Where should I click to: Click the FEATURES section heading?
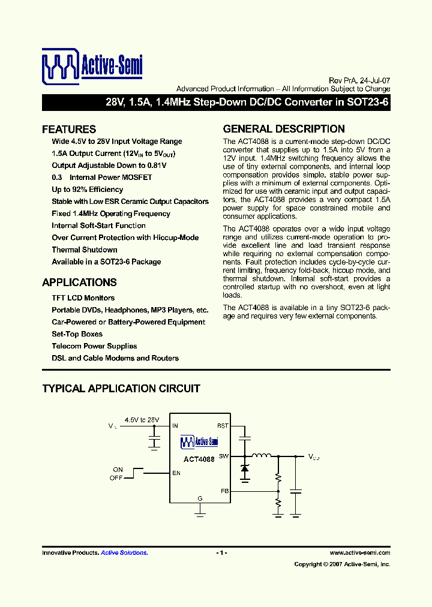click(x=69, y=129)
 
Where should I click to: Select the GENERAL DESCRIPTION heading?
click(x=284, y=129)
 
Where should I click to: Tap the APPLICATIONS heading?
click(x=79, y=283)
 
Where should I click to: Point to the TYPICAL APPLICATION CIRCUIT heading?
click(x=121, y=389)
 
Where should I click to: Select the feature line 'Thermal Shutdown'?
click(x=85, y=250)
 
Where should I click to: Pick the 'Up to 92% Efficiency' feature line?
click(x=88, y=190)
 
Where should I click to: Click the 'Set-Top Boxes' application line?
click(x=77, y=334)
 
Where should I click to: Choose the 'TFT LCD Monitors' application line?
click(x=83, y=298)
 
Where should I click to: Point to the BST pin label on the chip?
click(x=223, y=426)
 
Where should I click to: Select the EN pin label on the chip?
click(x=176, y=473)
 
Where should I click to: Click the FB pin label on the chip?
click(x=224, y=491)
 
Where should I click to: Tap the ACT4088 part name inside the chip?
click(x=199, y=459)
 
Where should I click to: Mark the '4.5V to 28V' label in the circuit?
click(x=142, y=419)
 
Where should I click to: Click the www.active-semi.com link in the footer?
click(x=360, y=553)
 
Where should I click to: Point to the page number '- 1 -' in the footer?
click(x=221, y=553)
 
